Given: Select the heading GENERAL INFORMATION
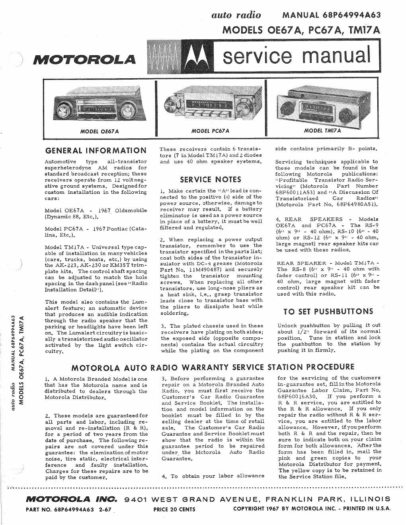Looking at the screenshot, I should (x=96, y=150).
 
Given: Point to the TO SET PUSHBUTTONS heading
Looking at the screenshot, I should (x=328, y=311).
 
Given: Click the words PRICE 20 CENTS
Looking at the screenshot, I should (x=174, y=509).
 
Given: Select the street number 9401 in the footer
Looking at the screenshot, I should (x=135, y=499).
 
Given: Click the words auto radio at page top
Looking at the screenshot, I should (x=236, y=15).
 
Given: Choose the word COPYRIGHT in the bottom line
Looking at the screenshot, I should (x=249, y=509).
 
